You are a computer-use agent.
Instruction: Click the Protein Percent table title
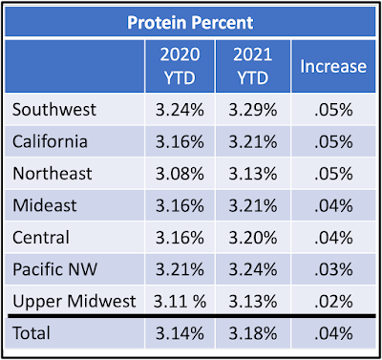point(190,23)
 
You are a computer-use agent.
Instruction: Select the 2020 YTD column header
point(180,66)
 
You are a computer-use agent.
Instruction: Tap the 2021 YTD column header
point(253,66)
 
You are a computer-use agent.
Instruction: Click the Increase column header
point(333,66)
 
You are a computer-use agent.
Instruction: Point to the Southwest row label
point(54,110)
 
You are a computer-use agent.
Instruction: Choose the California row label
point(50,141)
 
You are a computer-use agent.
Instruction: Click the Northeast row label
point(53,174)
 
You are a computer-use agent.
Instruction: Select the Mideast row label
point(45,205)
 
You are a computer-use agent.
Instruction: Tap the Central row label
point(41,238)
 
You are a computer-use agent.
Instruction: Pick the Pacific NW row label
point(54,269)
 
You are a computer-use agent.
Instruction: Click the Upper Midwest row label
point(74,301)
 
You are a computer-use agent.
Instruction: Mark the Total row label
point(32,333)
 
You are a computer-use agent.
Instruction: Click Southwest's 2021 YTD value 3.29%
point(253,110)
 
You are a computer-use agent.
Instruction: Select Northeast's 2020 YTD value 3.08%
point(180,174)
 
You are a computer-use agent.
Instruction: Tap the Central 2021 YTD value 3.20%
point(253,238)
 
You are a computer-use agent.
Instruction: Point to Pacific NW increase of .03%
point(333,269)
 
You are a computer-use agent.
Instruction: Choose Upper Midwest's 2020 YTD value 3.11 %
point(180,301)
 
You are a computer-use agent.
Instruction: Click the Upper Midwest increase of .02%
point(333,301)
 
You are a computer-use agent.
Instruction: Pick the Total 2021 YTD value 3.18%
point(253,333)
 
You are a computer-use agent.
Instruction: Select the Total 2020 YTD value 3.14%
point(180,333)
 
